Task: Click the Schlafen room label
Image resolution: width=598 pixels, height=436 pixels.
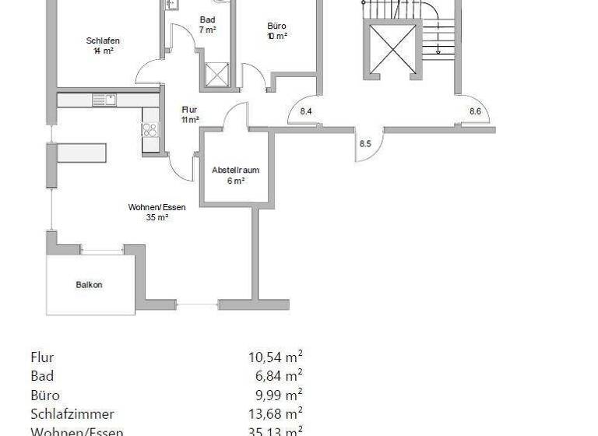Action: coord(103,40)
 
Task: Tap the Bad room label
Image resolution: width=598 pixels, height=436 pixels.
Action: coord(207,20)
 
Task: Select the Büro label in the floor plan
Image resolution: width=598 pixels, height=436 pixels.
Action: coord(276,26)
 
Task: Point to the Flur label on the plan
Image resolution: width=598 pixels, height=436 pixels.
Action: coord(189,110)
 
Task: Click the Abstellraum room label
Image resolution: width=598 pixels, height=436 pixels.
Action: coord(235,170)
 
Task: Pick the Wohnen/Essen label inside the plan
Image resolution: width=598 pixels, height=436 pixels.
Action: coord(157,208)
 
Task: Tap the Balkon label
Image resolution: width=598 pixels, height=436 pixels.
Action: coord(89,285)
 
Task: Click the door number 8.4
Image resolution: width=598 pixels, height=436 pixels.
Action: coord(306,112)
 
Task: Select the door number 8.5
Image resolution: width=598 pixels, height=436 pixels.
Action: coord(365,143)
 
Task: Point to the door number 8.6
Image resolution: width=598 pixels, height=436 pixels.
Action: coord(475,112)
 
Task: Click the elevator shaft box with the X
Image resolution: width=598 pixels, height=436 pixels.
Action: coord(392,47)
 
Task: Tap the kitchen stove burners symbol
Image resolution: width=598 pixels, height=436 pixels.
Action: coord(149,130)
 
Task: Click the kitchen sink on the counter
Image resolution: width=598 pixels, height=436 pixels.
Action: coord(104,100)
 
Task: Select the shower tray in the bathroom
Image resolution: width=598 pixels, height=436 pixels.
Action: coord(214,76)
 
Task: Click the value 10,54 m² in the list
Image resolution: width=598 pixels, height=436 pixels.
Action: coord(275,358)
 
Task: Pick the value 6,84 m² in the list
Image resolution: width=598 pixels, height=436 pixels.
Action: coord(278,377)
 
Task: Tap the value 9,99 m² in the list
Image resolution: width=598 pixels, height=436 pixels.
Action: coord(278,396)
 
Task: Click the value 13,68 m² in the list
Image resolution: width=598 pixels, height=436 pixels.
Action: coord(275,414)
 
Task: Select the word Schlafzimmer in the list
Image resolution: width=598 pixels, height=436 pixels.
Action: coord(72,414)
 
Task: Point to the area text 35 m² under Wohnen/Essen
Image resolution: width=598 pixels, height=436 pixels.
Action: coord(157,218)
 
